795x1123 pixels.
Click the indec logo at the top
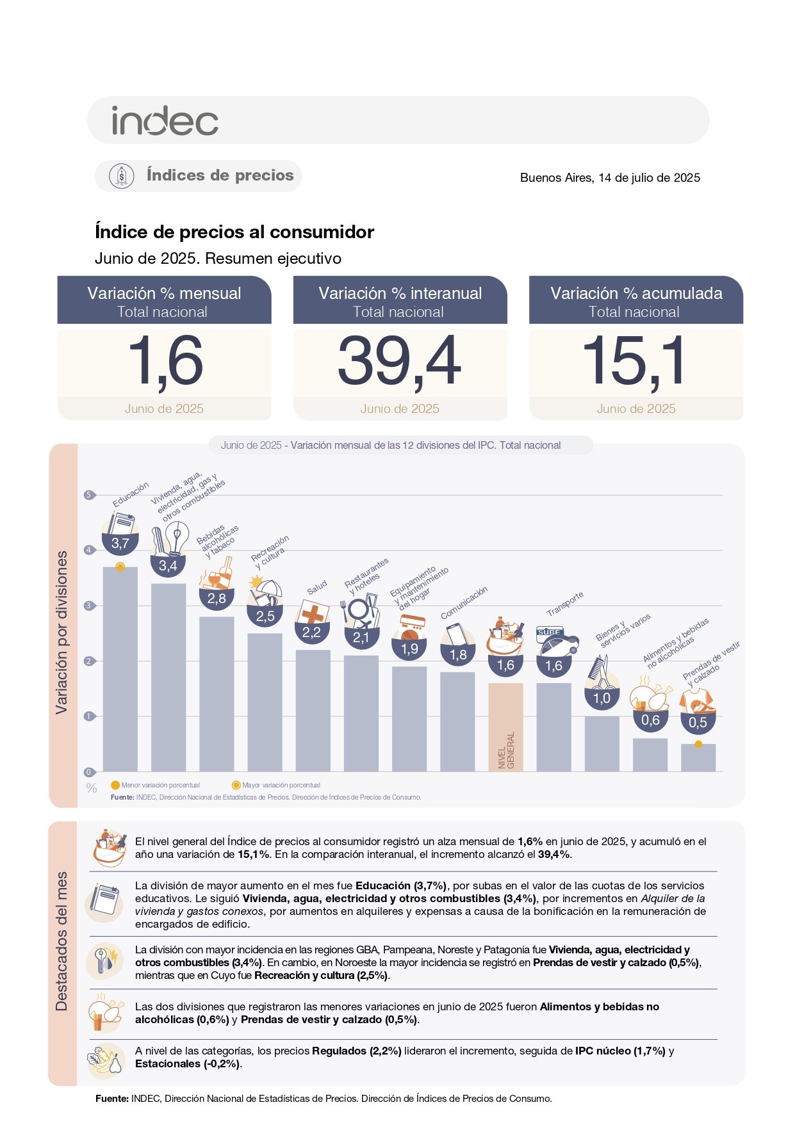tap(165, 120)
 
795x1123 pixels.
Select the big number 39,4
tap(399, 361)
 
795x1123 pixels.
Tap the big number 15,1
tap(634, 361)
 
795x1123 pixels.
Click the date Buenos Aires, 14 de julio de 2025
tap(609, 178)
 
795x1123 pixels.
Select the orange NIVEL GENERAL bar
tap(505, 727)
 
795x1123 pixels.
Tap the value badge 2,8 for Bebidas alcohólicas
tap(217, 599)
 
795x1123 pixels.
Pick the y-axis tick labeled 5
tap(89, 495)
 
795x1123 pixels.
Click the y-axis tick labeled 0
tap(89, 772)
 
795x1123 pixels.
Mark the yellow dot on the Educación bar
tap(120, 567)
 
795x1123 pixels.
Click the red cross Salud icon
tap(313, 613)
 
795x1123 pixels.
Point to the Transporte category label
tap(564, 604)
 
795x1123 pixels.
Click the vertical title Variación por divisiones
tap(61, 632)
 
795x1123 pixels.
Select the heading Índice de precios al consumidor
tap(234, 232)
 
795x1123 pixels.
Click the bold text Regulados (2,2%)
tap(356, 1051)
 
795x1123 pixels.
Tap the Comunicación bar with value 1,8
tap(457, 722)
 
